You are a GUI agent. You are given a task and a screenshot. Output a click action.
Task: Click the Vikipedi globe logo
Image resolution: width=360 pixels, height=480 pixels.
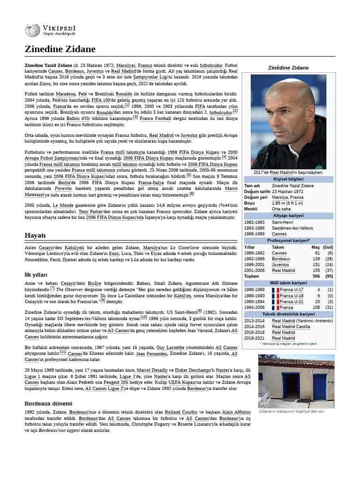(x=32, y=30)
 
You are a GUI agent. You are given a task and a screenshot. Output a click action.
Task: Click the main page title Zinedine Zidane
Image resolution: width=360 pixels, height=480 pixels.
(x=60, y=49)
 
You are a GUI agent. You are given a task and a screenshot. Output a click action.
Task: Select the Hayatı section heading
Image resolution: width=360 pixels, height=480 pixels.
(x=35, y=234)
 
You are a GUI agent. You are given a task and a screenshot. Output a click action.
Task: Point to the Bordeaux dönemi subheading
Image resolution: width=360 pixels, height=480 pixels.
(x=48, y=403)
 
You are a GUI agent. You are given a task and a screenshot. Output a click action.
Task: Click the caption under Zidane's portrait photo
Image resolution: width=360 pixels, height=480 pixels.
(x=289, y=172)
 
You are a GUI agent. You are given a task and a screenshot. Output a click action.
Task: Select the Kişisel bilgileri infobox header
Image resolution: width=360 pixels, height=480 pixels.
(x=288, y=179)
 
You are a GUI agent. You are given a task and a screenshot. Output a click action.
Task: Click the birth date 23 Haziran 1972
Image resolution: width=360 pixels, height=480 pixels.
(x=287, y=191)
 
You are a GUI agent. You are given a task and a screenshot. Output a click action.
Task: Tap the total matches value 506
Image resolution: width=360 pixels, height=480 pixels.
(x=316, y=276)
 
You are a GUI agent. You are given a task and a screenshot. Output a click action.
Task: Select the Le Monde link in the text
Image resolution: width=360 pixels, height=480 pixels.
(x=62, y=205)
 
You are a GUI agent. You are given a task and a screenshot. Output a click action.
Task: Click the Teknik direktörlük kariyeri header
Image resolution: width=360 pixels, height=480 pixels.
(x=288, y=314)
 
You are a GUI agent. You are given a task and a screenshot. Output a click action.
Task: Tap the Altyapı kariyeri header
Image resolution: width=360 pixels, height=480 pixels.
(x=288, y=216)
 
